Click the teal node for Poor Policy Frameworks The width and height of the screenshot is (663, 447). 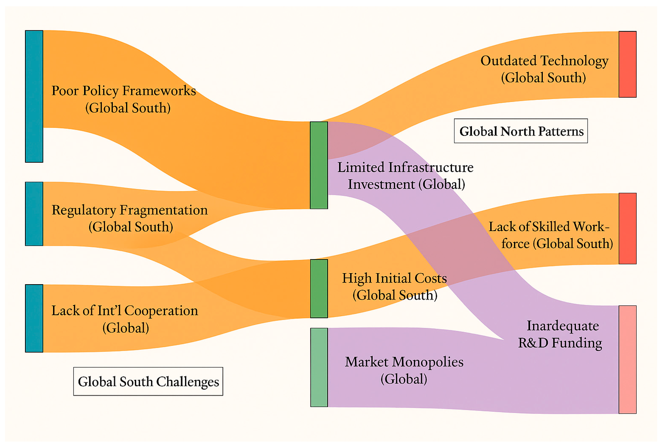tap(34, 96)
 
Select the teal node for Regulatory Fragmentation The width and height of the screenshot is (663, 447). tap(34, 214)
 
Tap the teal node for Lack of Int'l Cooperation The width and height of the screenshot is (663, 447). tap(34, 318)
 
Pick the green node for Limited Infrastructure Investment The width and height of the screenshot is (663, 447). tap(319, 165)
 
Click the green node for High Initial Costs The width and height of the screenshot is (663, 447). tap(319, 289)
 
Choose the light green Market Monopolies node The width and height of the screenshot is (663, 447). tap(319, 367)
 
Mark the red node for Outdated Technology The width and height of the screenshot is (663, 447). tap(627, 64)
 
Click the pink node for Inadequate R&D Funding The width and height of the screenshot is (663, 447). tap(627, 359)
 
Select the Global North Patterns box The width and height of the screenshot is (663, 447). tap(521, 131)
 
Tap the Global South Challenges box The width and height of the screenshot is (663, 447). tap(148, 382)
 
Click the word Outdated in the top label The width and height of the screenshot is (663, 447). tap(508, 61)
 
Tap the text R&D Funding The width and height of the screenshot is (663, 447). tap(560, 343)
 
